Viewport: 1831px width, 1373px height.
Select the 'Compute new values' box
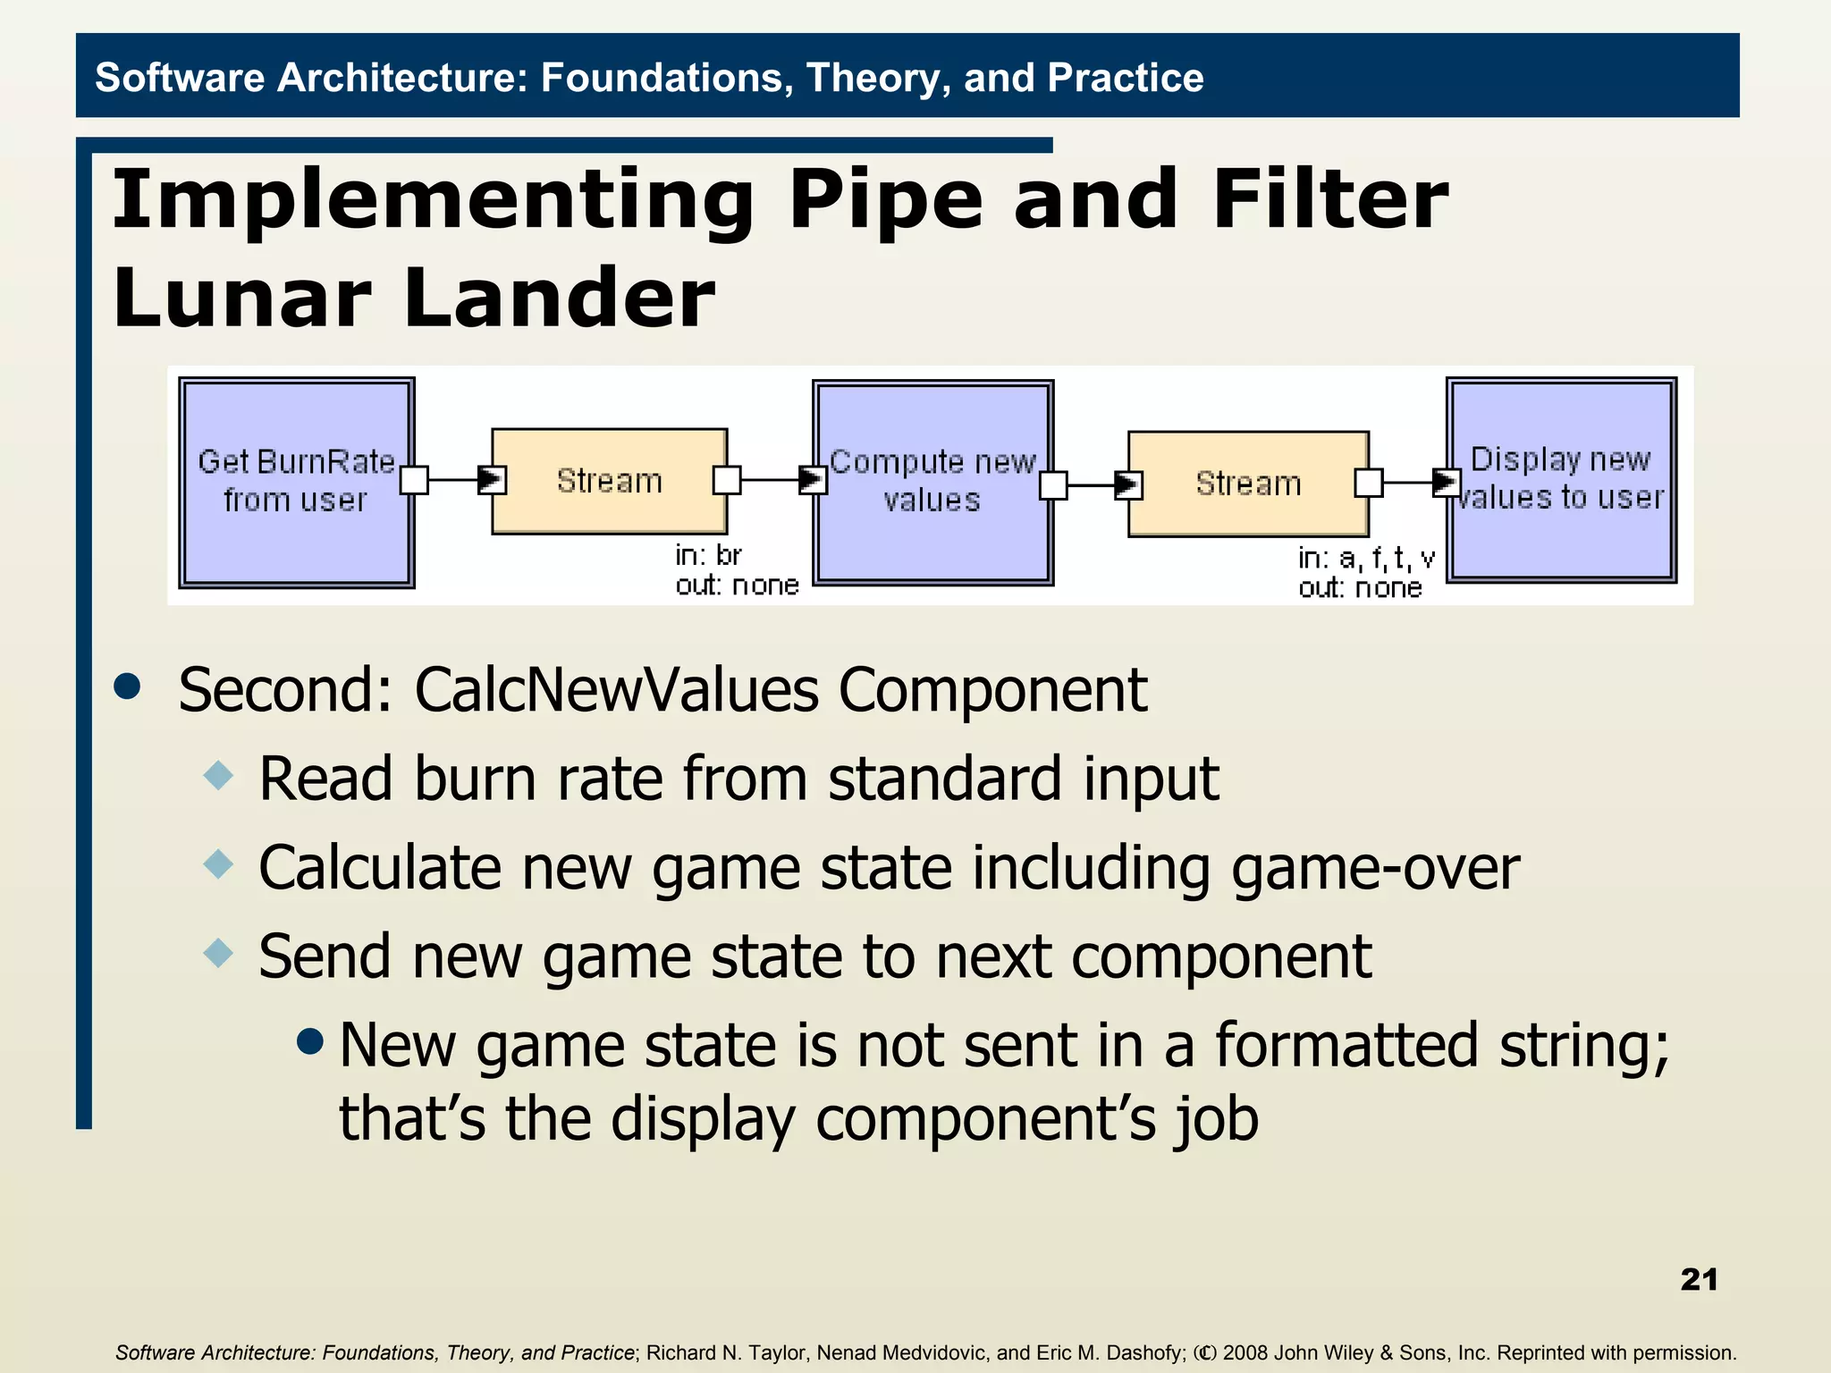tap(932, 482)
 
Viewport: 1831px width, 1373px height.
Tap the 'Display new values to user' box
tap(1561, 479)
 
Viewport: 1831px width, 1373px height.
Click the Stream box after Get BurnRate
tap(610, 481)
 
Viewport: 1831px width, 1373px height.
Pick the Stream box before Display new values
tap(1248, 484)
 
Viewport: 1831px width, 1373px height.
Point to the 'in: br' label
tap(708, 556)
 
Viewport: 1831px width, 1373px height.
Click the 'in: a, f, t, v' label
tap(1366, 559)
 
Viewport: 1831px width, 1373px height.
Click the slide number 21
tap(1699, 1279)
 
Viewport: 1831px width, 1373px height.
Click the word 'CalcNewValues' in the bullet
tap(616, 690)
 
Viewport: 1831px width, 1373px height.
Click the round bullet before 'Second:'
tap(128, 686)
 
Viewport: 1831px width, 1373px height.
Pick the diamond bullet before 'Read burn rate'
tap(218, 775)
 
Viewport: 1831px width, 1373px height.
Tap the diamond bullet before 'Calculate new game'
tap(218, 863)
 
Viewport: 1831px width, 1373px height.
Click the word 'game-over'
tap(1375, 868)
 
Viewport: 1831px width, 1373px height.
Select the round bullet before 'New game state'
tap(309, 1040)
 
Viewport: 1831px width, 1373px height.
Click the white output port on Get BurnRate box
tap(414, 480)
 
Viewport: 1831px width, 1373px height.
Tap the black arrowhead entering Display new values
tap(1445, 483)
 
